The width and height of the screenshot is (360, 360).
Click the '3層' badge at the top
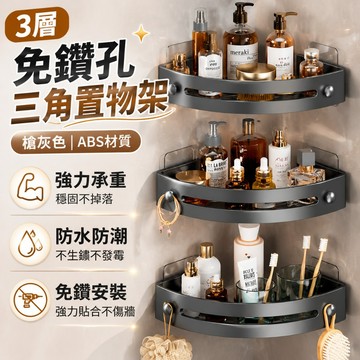coord(37,25)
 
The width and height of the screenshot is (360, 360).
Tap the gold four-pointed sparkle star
coord(141,33)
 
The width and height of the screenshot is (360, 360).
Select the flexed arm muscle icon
coord(30,188)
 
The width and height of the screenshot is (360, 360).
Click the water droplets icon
coord(30,244)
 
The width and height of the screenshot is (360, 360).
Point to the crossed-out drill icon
coord(30,300)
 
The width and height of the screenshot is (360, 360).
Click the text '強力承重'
coord(91,181)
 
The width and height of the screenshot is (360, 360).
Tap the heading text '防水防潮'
coord(91,237)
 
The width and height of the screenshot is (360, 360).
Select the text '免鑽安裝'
coord(91,293)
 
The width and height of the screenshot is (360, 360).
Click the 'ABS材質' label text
coord(104,142)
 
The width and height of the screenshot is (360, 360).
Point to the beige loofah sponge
coord(166,348)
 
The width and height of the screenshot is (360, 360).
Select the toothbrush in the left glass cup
coord(269,277)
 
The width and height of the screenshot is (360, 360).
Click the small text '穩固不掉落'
coord(85,200)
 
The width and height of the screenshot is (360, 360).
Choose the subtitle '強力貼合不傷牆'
coord(95,312)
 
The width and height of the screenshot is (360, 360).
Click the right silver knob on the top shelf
coord(329,90)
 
